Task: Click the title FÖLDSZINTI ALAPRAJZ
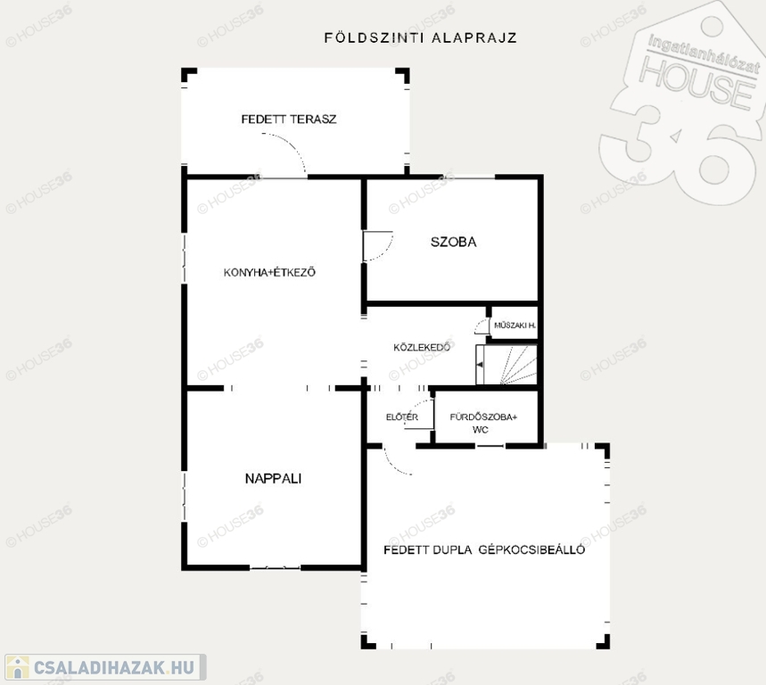pos(421,37)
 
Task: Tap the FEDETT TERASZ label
pos(289,120)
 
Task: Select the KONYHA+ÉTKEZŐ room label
pos(269,272)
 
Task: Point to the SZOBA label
pos(453,242)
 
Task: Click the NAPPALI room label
pos(273,478)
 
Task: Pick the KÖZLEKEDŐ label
pos(422,347)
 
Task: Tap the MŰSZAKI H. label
pos(515,326)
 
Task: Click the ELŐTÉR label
pos(402,417)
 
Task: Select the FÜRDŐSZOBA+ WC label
pos(483,423)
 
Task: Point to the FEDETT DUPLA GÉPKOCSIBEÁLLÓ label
pos(484,550)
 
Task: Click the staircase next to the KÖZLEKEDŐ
pos(507,365)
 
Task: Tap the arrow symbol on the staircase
pos(481,365)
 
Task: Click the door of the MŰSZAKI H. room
pos(482,326)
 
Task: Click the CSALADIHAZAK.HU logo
pos(105,667)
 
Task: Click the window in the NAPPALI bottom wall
pos(275,568)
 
